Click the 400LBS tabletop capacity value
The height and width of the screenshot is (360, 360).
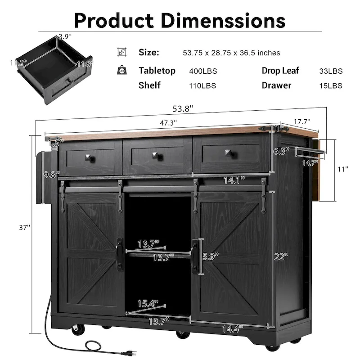[202, 71]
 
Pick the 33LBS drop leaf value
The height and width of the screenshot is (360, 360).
[331, 71]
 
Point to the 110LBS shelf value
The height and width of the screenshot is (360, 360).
[202, 85]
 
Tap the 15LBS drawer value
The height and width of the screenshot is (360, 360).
[331, 85]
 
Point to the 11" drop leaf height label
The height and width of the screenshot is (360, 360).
[343, 169]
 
